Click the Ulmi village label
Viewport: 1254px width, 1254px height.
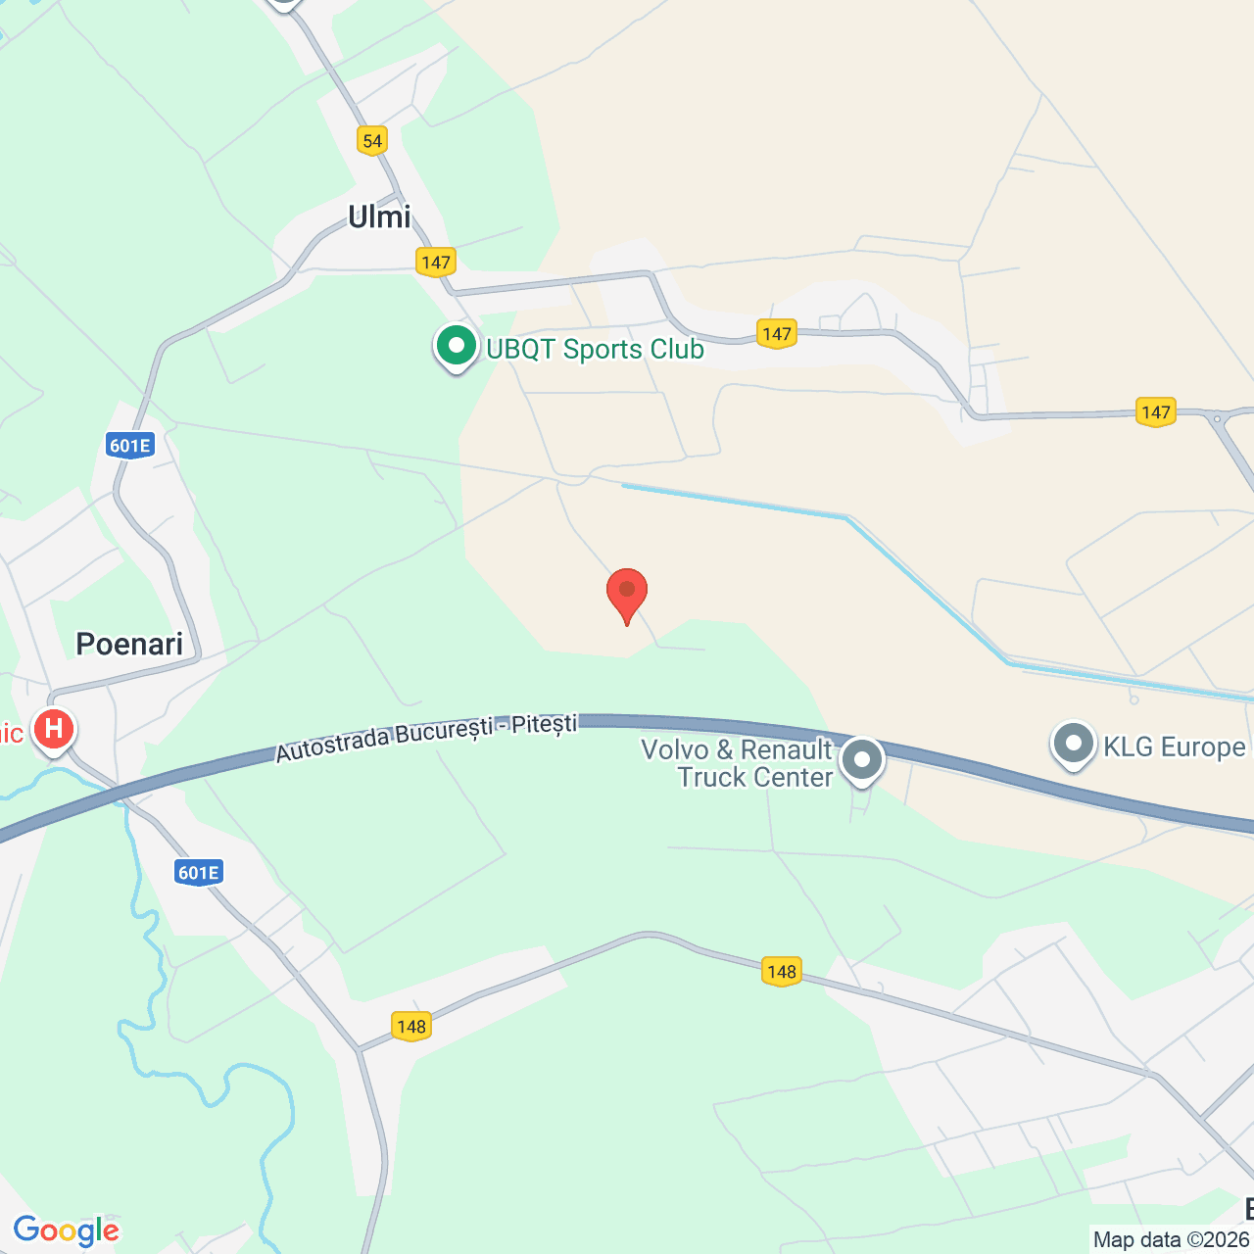(x=379, y=217)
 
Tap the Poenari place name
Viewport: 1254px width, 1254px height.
(x=129, y=644)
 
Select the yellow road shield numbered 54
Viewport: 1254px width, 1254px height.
(x=372, y=141)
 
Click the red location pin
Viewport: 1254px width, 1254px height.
(x=627, y=592)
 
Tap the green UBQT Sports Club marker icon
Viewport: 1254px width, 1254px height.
(x=456, y=346)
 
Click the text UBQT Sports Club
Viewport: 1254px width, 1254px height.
(x=595, y=350)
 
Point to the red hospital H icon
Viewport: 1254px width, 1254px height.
(x=54, y=730)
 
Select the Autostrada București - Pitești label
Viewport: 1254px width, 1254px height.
(x=426, y=738)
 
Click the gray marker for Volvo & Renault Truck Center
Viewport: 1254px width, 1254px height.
(x=862, y=759)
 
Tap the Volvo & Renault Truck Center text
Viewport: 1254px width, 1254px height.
(x=737, y=763)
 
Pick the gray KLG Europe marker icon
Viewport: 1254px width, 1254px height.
(x=1074, y=744)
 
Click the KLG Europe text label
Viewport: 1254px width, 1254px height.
(x=1175, y=748)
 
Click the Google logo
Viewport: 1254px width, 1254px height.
(x=67, y=1230)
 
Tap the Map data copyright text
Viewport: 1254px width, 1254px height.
(x=1172, y=1239)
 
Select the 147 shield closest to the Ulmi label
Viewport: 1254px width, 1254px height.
(x=435, y=263)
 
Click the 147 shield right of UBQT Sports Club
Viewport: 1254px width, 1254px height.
(x=776, y=334)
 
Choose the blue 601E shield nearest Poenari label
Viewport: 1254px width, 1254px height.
(x=129, y=447)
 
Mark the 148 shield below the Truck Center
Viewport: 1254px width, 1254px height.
(x=782, y=972)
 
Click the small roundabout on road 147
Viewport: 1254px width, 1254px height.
(x=1217, y=419)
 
